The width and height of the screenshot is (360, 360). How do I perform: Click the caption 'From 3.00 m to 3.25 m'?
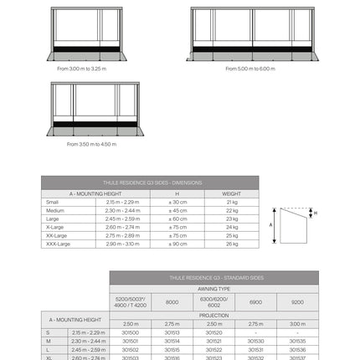pyautogui.click(x=82, y=69)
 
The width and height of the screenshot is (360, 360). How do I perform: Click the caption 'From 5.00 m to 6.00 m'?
pyautogui.click(x=250, y=69)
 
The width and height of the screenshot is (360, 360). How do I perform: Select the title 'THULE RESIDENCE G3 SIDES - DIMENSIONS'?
pyautogui.click(x=150, y=182)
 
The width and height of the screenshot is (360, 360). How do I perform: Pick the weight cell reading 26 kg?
pyautogui.click(x=232, y=244)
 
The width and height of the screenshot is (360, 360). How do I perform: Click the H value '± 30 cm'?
pyautogui.click(x=177, y=202)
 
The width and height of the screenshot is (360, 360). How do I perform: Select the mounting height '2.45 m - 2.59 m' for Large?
pyautogui.click(x=123, y=219)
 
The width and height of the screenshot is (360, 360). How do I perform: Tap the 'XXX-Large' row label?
pyautogui.click(x=59, y=244)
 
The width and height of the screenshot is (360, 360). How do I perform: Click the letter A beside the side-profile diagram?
pyautogui.click(x=271, y=224)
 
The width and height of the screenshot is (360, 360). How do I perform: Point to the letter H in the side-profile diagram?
pyautogui.click(x=315, y=213)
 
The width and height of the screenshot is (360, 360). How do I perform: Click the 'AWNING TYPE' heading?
pyautogui.click(x=213, y=288)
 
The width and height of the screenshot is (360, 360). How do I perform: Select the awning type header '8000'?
pyautogui.click(x=172, y=301)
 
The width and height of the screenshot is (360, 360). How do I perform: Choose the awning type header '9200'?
pyautogui.click(x=297, y=301)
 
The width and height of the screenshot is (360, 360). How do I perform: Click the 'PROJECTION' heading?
pyautogui.click(x=213, y=315)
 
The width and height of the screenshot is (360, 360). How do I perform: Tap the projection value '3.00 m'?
pyautogui.click(x=297, y=323)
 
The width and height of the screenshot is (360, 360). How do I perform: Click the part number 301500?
pyautogui.click(x=130, y=332)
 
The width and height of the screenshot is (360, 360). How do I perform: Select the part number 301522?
pyautogui.click(x=213, y=349)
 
